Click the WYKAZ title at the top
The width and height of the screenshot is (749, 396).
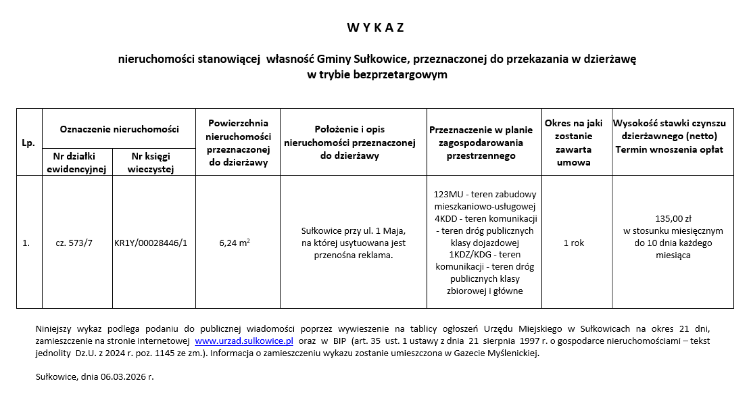(376, 27)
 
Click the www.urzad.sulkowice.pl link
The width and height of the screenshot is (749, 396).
(244, 341)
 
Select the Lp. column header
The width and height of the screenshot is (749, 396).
(28, 143)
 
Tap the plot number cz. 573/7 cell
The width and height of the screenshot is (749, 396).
(74, 243)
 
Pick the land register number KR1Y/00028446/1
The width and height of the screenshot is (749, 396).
(151, 243)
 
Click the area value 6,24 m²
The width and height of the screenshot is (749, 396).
(234, 243)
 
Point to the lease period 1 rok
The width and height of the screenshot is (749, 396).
(573, 243)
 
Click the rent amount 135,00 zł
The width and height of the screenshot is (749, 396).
(673, 218)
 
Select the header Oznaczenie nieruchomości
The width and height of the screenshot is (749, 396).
(119, 129)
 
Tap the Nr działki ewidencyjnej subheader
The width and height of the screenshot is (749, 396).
(76, 162)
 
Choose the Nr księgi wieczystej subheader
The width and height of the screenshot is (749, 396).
(151, 162)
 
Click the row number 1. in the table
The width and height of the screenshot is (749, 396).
(26, 243)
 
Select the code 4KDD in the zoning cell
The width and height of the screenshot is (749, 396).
(446, 218)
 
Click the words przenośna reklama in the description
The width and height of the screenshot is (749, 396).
(353, 255)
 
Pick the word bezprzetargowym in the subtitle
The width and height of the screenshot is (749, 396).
(400, 74)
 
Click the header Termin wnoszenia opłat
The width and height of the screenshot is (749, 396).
(669, 149)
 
